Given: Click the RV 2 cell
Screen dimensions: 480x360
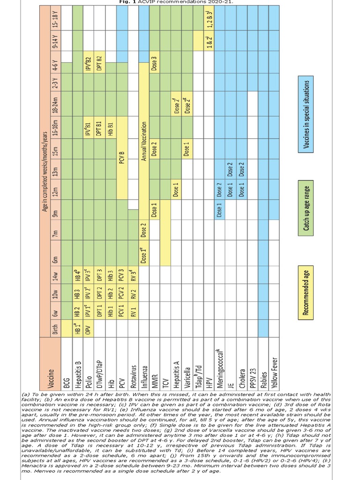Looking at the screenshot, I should pos(134,294).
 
